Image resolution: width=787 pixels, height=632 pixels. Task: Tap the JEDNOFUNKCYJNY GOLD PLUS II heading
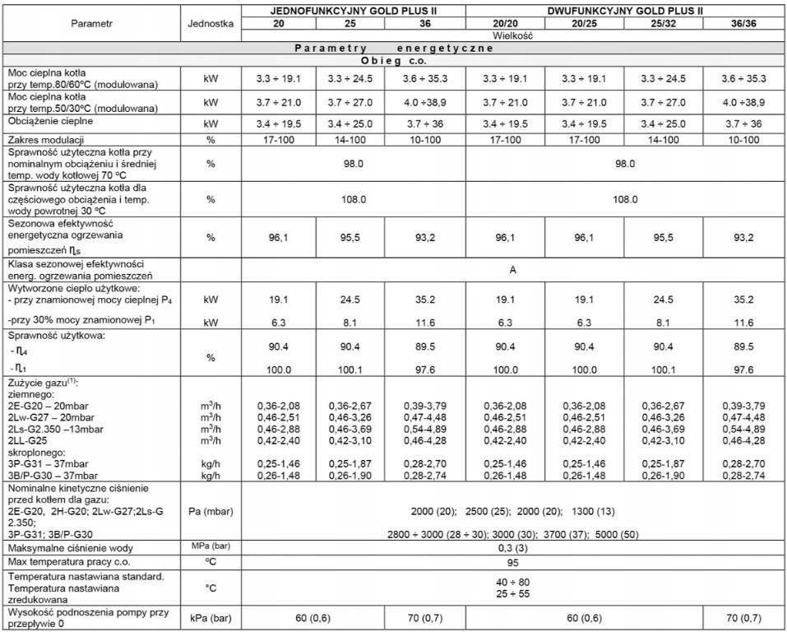pyautogui.click(x=354, y=11)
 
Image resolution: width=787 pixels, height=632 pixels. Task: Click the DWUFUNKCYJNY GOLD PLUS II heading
pyautogui.click(x=627, y=11)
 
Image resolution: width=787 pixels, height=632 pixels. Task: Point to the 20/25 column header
pyautogui.click(x=586, y=24)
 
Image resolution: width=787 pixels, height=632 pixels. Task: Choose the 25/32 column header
pyautogui.click(x=664, y=24)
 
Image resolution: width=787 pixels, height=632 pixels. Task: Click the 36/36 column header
pyautogui.click(x=743, y=24)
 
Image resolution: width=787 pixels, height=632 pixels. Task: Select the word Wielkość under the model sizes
pyautogui.click(x=513, y=36)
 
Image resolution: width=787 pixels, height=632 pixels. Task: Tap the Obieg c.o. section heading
pyautogui.click(x=393, y=60)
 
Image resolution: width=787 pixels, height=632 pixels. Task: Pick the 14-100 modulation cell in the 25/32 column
pyautogui.click(x=664, y=139)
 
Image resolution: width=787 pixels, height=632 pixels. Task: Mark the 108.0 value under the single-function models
pyautogui.click(x=354, y=198)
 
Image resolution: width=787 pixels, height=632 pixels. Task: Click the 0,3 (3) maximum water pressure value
pyautogui.click(x=513, y=547)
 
